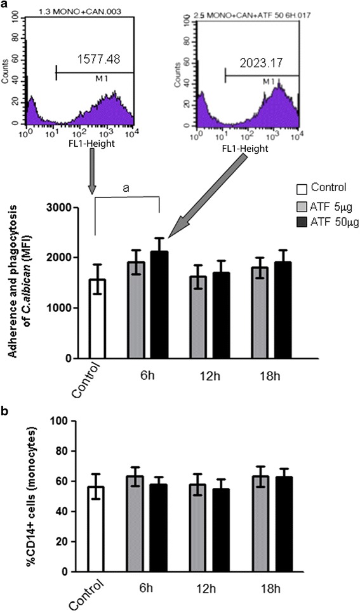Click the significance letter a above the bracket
[126, 187]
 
